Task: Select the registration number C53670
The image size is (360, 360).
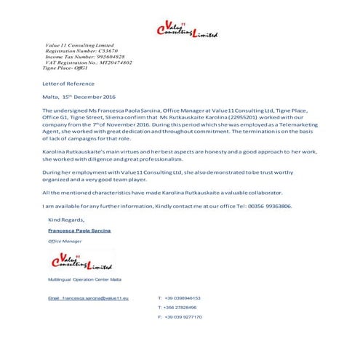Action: (104, 51)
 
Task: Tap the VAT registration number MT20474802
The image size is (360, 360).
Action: (111, 63)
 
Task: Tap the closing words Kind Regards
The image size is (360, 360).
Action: (66, 219)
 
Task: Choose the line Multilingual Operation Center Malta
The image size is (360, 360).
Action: (85, 279)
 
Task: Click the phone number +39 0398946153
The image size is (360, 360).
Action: (183, 298)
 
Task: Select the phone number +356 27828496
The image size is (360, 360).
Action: (181, 308)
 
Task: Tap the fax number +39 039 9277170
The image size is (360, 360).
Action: (183, 317)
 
